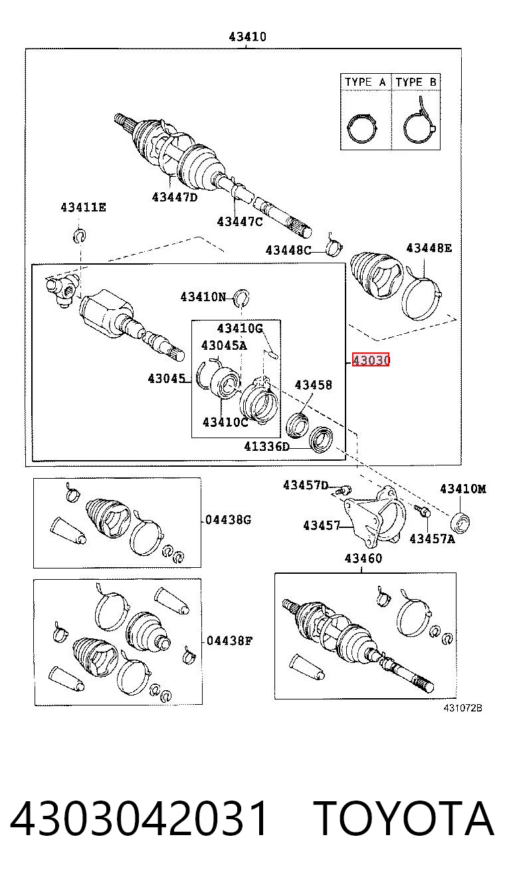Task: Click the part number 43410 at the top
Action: pyautogui.click(x=247, y=37)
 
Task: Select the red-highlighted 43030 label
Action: pyautogui.click(x=371, y=360)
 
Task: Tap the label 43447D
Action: pyautogui.click(x=175, y=197)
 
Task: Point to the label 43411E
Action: pyautogui.click(x=84, y=207)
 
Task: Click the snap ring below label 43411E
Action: pyautogui.click(x=79, y=235)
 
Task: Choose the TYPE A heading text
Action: pyautogui.click(x=365, y=82)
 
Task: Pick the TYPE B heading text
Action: pyautogui.click(x=416, y=82)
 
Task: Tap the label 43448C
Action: pyautogui.click(x=288, y=250)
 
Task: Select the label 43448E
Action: pyautogui.click(x=429, y=248)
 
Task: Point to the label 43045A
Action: pyautogui.click(x=224, y=345)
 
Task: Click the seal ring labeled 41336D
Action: pyautogui.click(x=320, y=440)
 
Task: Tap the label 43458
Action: pyautogui.click(x=314, y=384)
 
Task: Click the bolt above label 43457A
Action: pyautogui.click(x=423, y=511)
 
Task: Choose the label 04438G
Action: pyautogui.click(x=229, y=519)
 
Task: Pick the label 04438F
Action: pyautogui.click(x=229, y=640)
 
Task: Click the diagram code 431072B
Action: pyautogui.click(x=462, y=708)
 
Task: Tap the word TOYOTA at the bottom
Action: pyautogui.click(x=405, y=818)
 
